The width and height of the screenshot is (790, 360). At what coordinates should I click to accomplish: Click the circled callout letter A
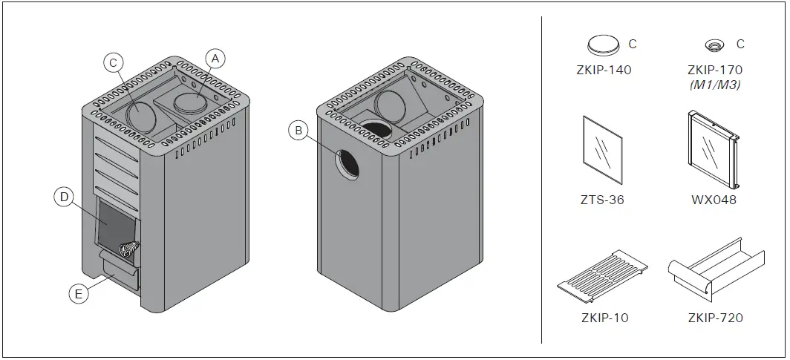pyautogui.click(x=214, y=58)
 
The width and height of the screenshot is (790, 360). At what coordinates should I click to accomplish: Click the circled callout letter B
pyautogui.click(x=298, y=131)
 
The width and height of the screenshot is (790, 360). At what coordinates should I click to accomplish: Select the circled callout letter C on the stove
pyautogui.click(x=113, y=63)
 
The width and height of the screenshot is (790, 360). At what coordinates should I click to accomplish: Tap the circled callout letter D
pyautogui.click(x=65, y=197)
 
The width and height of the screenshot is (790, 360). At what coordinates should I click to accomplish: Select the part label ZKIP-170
pyautogui.click(x=714, y=71)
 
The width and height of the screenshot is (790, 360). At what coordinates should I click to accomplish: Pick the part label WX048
pyautogui.click(x=714, y=200)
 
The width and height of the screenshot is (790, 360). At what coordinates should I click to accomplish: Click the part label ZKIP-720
pyautogui.click(x=714, y=318)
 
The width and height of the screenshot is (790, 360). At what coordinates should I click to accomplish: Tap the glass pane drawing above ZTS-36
pyautogui.click(x=603, y=149)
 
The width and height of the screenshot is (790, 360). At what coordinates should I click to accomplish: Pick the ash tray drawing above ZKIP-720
pyautogui.click(x=714, y=272)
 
